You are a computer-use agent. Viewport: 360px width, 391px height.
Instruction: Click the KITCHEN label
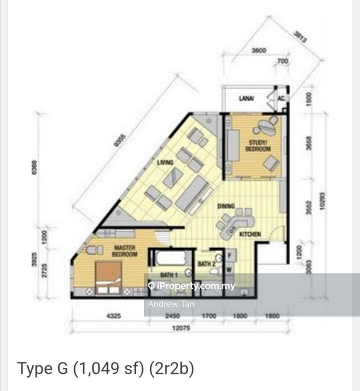tap(250, 235)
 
